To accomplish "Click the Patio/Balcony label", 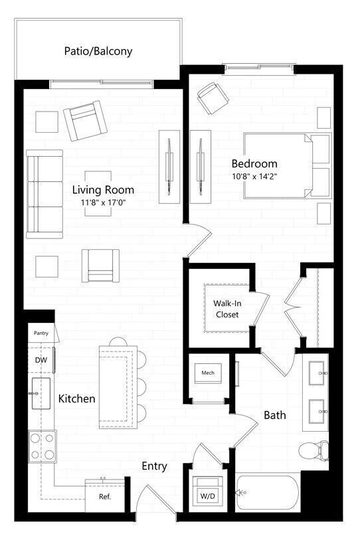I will tap(98, 50).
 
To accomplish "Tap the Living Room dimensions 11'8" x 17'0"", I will tap(104, 203).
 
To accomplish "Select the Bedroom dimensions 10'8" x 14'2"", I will tap(254, 177).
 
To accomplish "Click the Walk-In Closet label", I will tap(226, 308).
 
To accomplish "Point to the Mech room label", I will tap(208, 373).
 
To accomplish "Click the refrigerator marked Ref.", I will tap(105, 496).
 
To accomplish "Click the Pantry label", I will tap(41, 333).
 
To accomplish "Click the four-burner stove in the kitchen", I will tap(43, 447).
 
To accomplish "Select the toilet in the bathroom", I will tap(314, 452).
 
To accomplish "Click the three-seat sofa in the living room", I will tap(45, 194).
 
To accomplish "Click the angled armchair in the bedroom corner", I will tap(212, 98).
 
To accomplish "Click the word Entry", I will tap(154, 466).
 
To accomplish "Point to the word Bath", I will tap(275, 415).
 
